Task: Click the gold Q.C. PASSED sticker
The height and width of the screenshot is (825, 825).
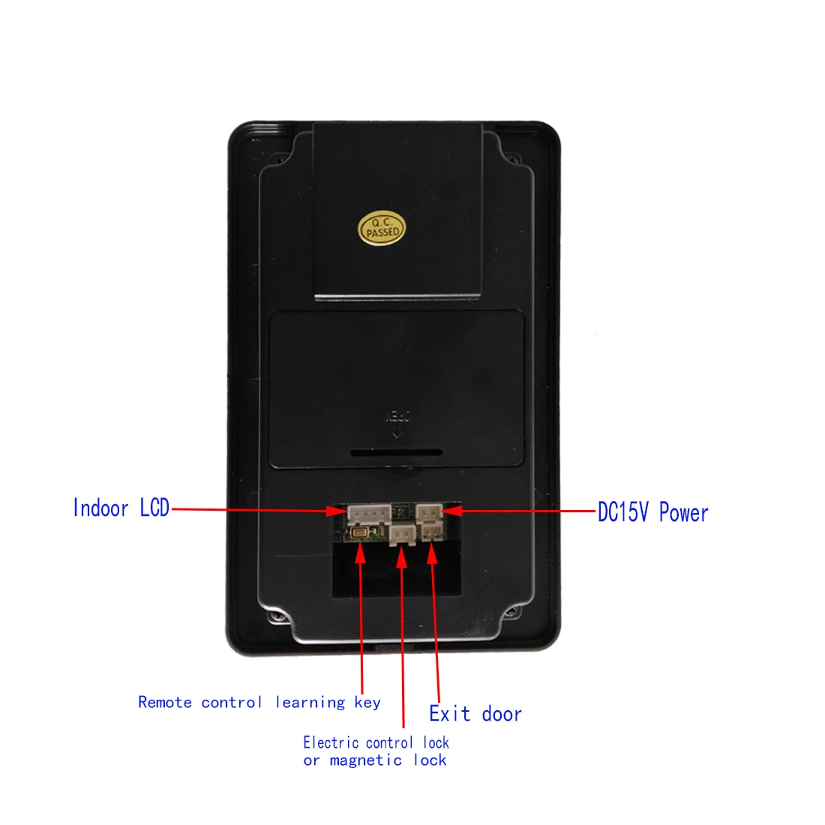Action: [x=382, y=228]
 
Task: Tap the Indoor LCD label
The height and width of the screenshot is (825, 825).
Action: [x=121, y=508]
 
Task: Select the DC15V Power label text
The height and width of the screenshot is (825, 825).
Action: [x=652, y=513]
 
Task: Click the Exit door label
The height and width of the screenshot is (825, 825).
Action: [x=475, y=713]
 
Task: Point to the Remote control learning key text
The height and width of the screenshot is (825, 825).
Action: [x=259, y=703]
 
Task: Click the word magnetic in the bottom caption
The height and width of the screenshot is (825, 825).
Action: [x=366, y=760]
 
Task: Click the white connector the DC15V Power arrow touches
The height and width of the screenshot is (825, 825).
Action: [x=429, y=513]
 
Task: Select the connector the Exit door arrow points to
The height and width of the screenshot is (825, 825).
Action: [x=431, y=532]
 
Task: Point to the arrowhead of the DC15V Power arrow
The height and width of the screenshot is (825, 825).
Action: [x=452, y=511]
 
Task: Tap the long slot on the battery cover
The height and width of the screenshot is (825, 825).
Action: [x=396, y=453]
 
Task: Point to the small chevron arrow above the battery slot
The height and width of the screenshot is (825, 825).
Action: [x=397, y=435]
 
